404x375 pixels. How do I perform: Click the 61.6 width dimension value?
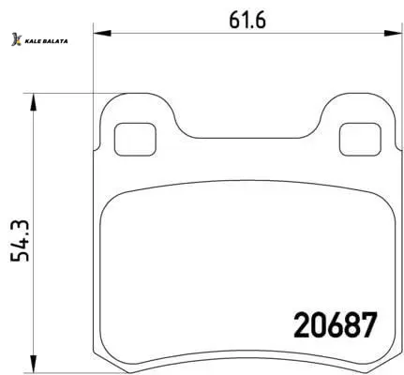[x=247, y=21]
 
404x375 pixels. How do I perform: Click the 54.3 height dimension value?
[x=20, y=241]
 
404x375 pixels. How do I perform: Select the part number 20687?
[x=336, y=325]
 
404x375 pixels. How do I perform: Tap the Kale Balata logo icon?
[x=17, y=39]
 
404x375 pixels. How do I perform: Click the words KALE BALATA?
[x=46, y=41]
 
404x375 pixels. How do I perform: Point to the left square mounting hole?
[x=135, y=140]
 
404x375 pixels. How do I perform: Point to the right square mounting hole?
[x=360, y=140]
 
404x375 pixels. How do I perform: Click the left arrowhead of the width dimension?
[x=102, y=33]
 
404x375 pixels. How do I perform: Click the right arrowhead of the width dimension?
[x=393, y=33]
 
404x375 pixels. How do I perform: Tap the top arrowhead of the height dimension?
[x=33, y=102]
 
